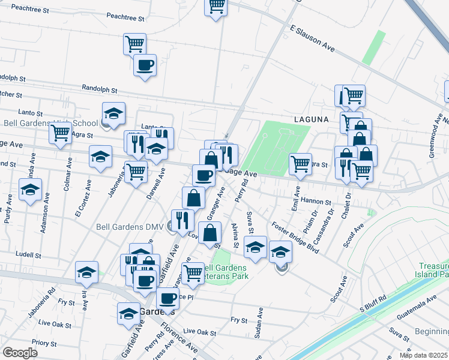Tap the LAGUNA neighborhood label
[311, 119]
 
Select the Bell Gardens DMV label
[131, 227]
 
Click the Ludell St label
[28, 254]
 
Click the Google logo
[19, 352]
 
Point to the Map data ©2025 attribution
[423, 355]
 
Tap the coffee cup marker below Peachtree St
[145, 65]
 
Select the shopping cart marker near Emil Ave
[300, 163]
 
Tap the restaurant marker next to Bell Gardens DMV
[182, 220]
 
